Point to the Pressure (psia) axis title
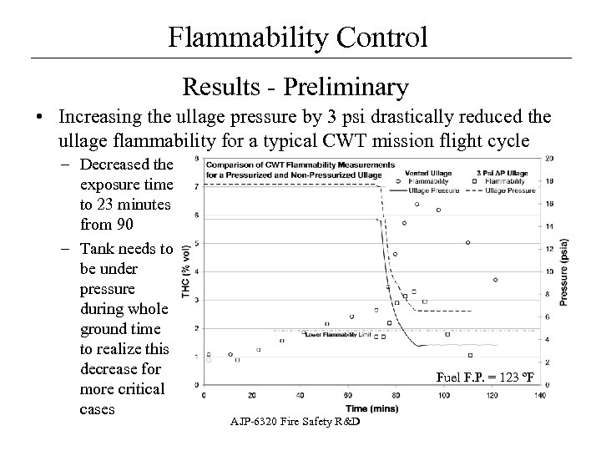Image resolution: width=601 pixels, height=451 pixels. [x=564, y=271]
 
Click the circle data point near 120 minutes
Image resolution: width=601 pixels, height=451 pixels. [x=496, y=280]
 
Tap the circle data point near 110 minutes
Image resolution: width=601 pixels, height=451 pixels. [x=468, y=242]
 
